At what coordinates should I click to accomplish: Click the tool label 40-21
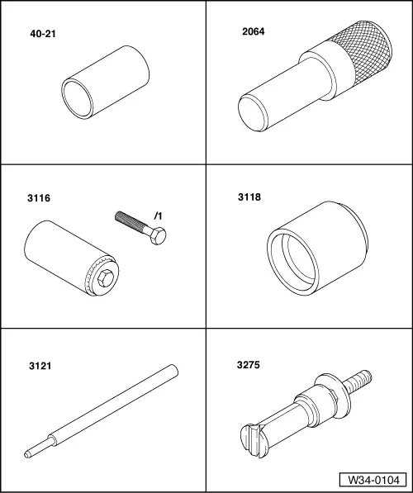(x=43, y=34)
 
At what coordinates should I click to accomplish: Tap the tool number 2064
(x=254, y=31)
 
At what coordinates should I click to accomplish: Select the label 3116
(x=39, y=198)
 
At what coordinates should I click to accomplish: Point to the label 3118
(x=249, y=197)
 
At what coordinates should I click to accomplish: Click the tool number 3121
(x=40, y=366)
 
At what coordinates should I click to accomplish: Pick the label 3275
(x=249, y=365)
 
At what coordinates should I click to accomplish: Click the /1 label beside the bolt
(x=159, y=216)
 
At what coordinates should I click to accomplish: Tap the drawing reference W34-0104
(x=373, y=480)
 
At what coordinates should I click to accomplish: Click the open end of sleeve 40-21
(x=77, y=99)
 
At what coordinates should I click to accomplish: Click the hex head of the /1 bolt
(x=158, y=236)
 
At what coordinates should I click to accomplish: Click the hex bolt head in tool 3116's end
(x=106, y=278)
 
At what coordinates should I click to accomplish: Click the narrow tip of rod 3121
(x=28, y=454)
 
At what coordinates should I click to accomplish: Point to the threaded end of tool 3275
(x=358, y=382)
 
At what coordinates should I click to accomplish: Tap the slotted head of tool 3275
(x=254, y=440)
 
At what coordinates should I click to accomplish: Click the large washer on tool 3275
(x=334, y=396)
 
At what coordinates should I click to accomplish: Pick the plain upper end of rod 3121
(x=173, y=370)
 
